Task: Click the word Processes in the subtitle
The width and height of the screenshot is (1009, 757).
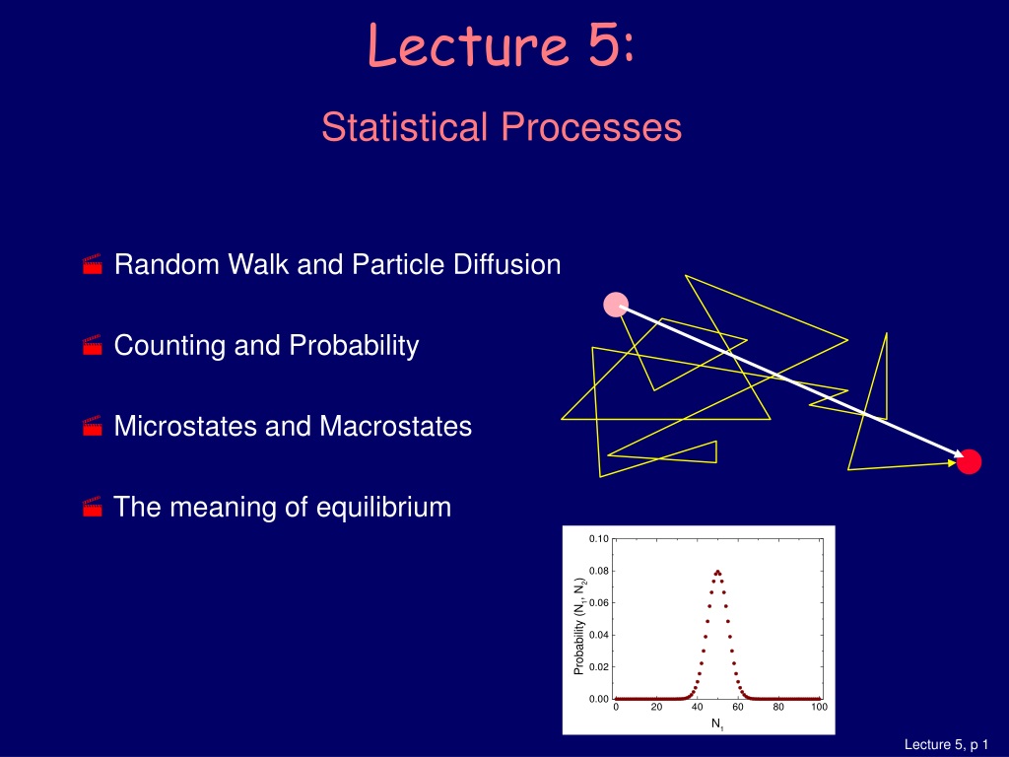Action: [x=591, y=126]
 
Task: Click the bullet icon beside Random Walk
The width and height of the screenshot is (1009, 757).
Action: [x=93, y=264]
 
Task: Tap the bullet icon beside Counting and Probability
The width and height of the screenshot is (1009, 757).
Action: [x=93, y=346]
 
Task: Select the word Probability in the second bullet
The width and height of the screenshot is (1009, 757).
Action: [x=354, y=346]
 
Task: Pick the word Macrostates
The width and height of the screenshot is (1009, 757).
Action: [x=396, y=426]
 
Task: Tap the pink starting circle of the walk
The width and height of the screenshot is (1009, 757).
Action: [x=616, y=305]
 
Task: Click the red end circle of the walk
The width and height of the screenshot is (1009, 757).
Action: [x=969, y=461]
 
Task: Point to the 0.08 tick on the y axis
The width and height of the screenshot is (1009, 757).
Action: [x=599, y=571]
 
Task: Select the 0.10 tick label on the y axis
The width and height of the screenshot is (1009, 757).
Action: [x=599, y=539]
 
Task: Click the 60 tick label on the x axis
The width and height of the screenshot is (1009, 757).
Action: [x=737, y=707]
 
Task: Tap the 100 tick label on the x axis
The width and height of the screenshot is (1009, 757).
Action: [x=819, y=707]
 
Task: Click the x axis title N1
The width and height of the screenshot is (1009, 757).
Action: [x=717, y=724]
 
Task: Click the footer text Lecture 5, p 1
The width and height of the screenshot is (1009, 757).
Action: [x=946, y=745]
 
